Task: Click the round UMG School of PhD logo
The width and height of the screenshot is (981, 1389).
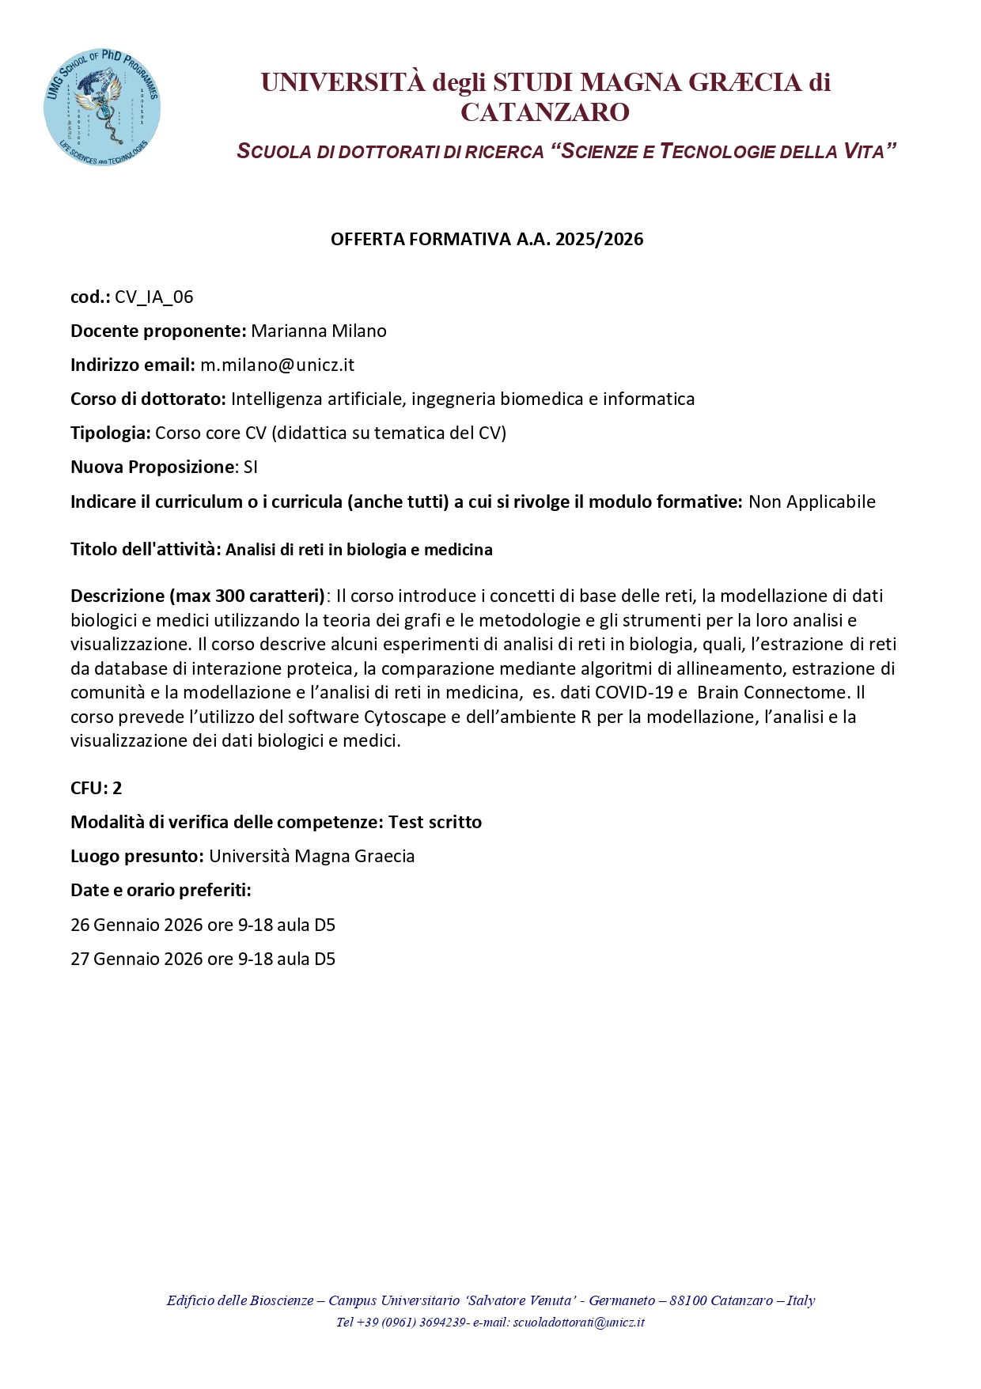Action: (x=102, y=106)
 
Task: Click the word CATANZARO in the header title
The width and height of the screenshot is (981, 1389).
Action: (x=545, y=112)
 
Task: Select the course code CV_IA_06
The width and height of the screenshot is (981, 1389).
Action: (x=154, y=297)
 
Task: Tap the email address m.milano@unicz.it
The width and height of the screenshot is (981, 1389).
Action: (x=277, y=365)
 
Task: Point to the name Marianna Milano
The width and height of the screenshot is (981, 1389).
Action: (x=319, y=331)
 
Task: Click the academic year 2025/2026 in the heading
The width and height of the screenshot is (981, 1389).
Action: (x=599, y=240)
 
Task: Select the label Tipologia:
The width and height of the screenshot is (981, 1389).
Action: (x=111, y=433)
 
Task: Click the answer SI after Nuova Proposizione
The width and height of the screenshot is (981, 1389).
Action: (x=251, y=467)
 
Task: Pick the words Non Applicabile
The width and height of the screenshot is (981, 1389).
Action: (x=812, y=502)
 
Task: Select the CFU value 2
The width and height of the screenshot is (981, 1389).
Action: (x=117, y=789)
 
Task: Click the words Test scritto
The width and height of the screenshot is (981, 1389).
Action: (x=434, y=823)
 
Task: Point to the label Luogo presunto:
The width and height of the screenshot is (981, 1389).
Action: (x=138, y=857)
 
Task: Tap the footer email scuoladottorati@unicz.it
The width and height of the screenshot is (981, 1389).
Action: (x=579, y=1322)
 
